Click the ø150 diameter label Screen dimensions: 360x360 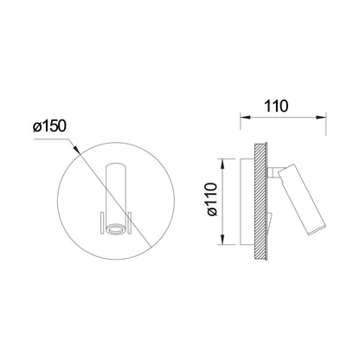[49, 126]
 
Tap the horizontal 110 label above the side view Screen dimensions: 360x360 [276, 106]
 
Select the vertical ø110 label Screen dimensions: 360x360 [212, 199]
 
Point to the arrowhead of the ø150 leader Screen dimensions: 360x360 [75, 149]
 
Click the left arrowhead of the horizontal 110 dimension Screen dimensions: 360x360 [245, 118]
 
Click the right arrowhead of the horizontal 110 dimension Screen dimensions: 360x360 [321, 118]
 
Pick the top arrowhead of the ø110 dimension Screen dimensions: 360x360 [222, 164]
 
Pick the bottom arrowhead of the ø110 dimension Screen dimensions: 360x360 [222, 240]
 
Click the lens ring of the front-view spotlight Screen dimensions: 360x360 [116, 228]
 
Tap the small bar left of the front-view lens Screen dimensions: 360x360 [101, 222]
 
